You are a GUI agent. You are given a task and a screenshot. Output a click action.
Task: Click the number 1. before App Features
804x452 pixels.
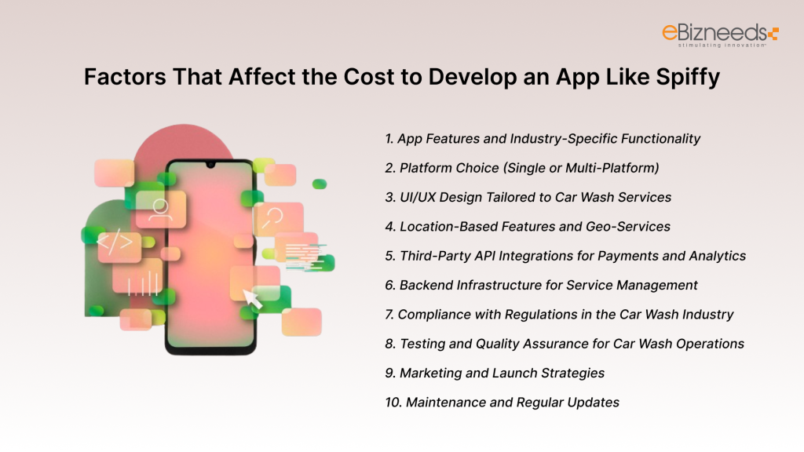click(389, 139)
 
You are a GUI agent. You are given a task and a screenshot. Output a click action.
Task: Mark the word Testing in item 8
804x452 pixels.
click(423, 344)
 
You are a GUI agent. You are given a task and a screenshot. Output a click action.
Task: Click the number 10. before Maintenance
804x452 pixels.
click(393, 403)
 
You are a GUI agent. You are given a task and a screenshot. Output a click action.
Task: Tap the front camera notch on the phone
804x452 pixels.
click(210, 166)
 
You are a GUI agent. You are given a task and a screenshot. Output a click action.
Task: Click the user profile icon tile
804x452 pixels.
click(160, 209)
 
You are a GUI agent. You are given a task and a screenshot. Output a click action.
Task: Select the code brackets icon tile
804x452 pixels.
click(115, 244)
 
